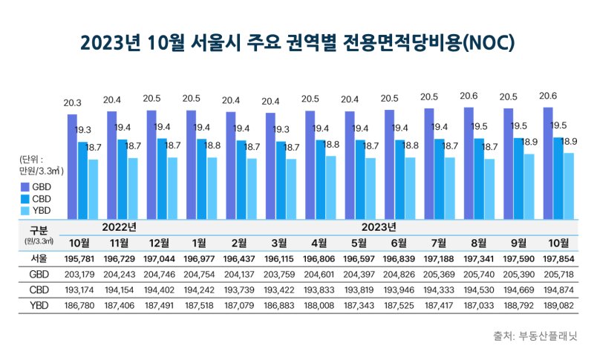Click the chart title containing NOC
coord(297,42)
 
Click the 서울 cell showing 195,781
coord(79,259)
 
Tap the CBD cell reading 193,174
coord(79,289)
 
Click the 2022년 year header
coord(119,226)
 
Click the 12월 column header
coord(159,242)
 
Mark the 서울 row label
coord(38,259)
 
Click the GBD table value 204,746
coord(159,275)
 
